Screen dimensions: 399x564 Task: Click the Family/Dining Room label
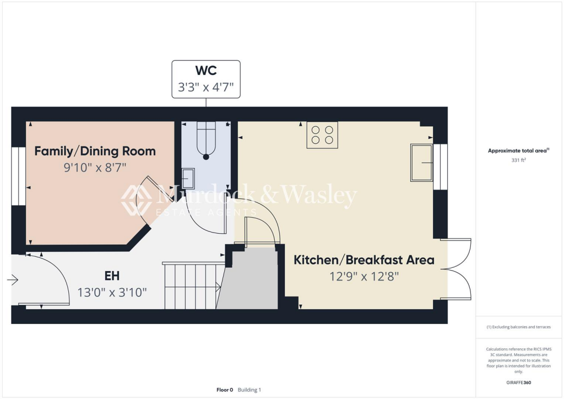click(95, 151)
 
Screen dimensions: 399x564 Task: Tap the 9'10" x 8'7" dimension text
click(95, 167)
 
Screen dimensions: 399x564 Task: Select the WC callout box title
click(206, 71)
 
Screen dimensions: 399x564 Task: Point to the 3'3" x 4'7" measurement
click(206, 88)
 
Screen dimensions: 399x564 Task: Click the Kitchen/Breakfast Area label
click(364, 260)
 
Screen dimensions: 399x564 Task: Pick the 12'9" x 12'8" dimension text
click(364, 276)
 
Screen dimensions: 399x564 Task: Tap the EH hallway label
click(112, 276)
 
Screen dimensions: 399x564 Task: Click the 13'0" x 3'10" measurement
click(112, 292)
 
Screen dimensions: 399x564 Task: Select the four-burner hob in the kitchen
click(322, 135)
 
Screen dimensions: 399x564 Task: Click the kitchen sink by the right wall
click(421, 163)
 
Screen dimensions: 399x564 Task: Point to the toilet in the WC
click(206, 141)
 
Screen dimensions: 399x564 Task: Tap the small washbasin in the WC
click(188, 178)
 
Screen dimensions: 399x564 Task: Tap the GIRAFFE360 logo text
click(519, 382)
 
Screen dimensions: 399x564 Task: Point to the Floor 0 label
click(225, 390)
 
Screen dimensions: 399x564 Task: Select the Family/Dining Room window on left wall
click(18, 176)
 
